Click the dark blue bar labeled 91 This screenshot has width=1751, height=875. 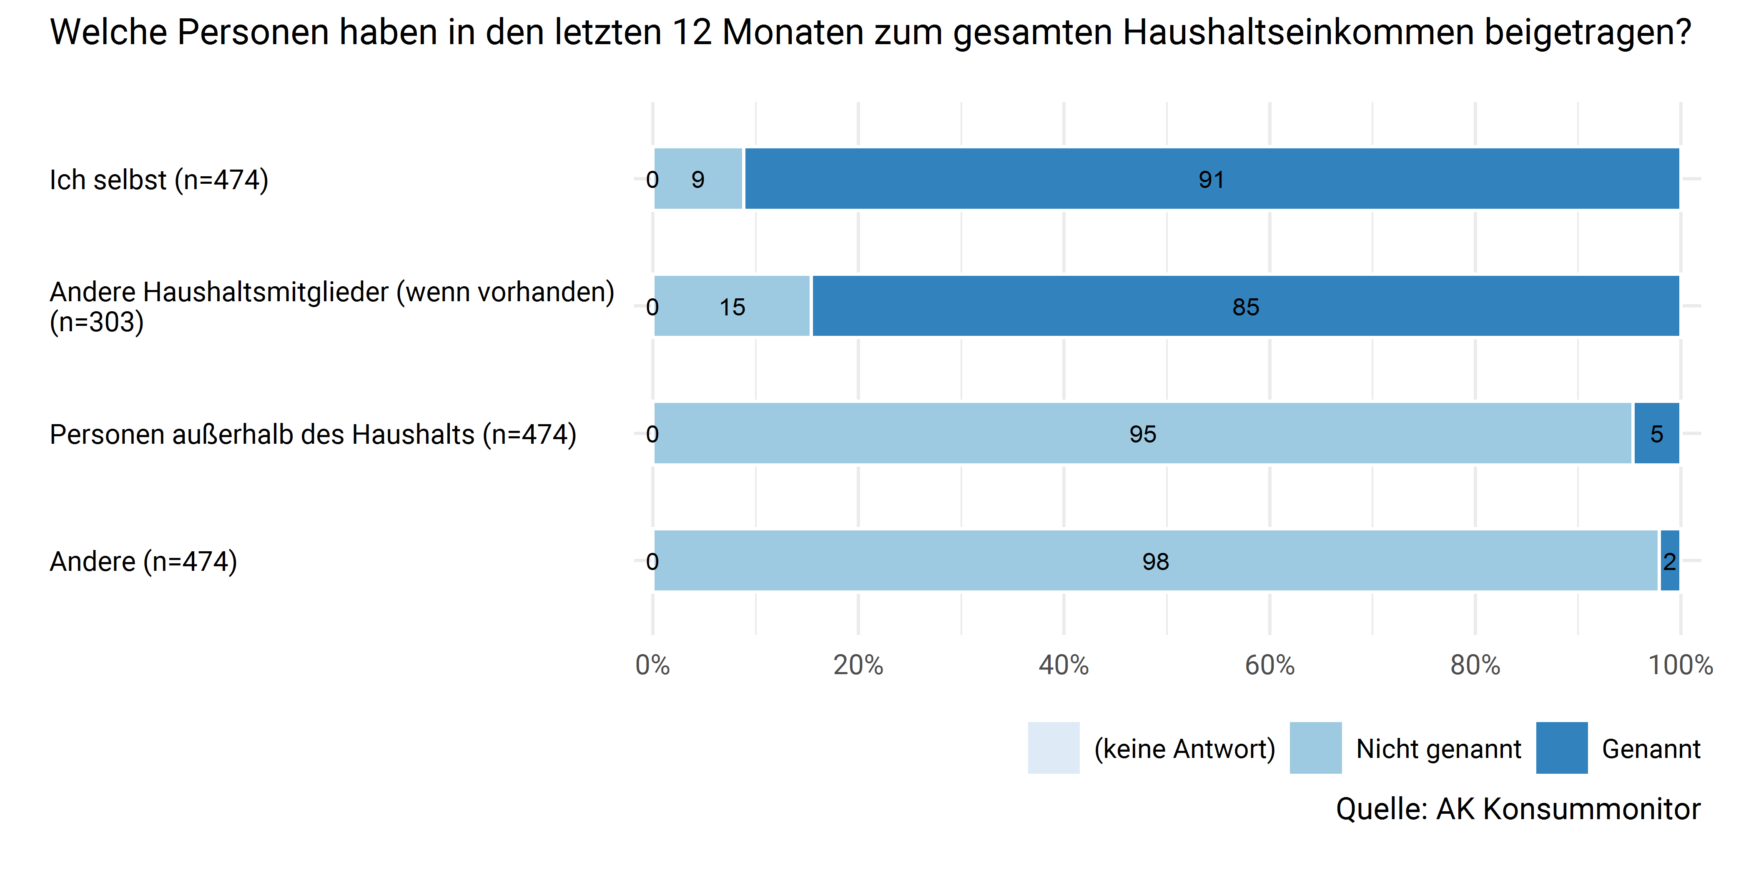[x=1211, y=179]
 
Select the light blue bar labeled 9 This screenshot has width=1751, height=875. [x=698, y=179]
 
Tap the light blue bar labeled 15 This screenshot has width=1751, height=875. [x=732, y=306]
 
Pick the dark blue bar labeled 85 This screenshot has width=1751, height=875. [x=1245, y=306]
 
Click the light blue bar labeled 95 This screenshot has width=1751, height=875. [x=1143, y=433]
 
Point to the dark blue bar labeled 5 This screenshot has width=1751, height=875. [x=1656, y=433]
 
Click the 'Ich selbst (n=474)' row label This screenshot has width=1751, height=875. [x=159, y=180]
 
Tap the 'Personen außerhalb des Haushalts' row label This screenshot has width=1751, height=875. [x=313, y=435]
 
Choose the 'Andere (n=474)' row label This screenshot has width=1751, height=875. [x=143, y=562]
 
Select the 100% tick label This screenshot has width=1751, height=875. [x=1680, y=665]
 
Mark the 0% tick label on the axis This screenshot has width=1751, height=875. [x=652, y=665]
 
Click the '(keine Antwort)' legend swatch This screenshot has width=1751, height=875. [x=1054, y=748]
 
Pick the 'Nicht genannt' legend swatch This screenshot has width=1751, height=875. [x=1315, y=748]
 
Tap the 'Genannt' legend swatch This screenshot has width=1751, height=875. [x=1561, y=748]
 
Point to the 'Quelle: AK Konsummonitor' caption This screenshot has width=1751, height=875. [x=1518, y=809]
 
